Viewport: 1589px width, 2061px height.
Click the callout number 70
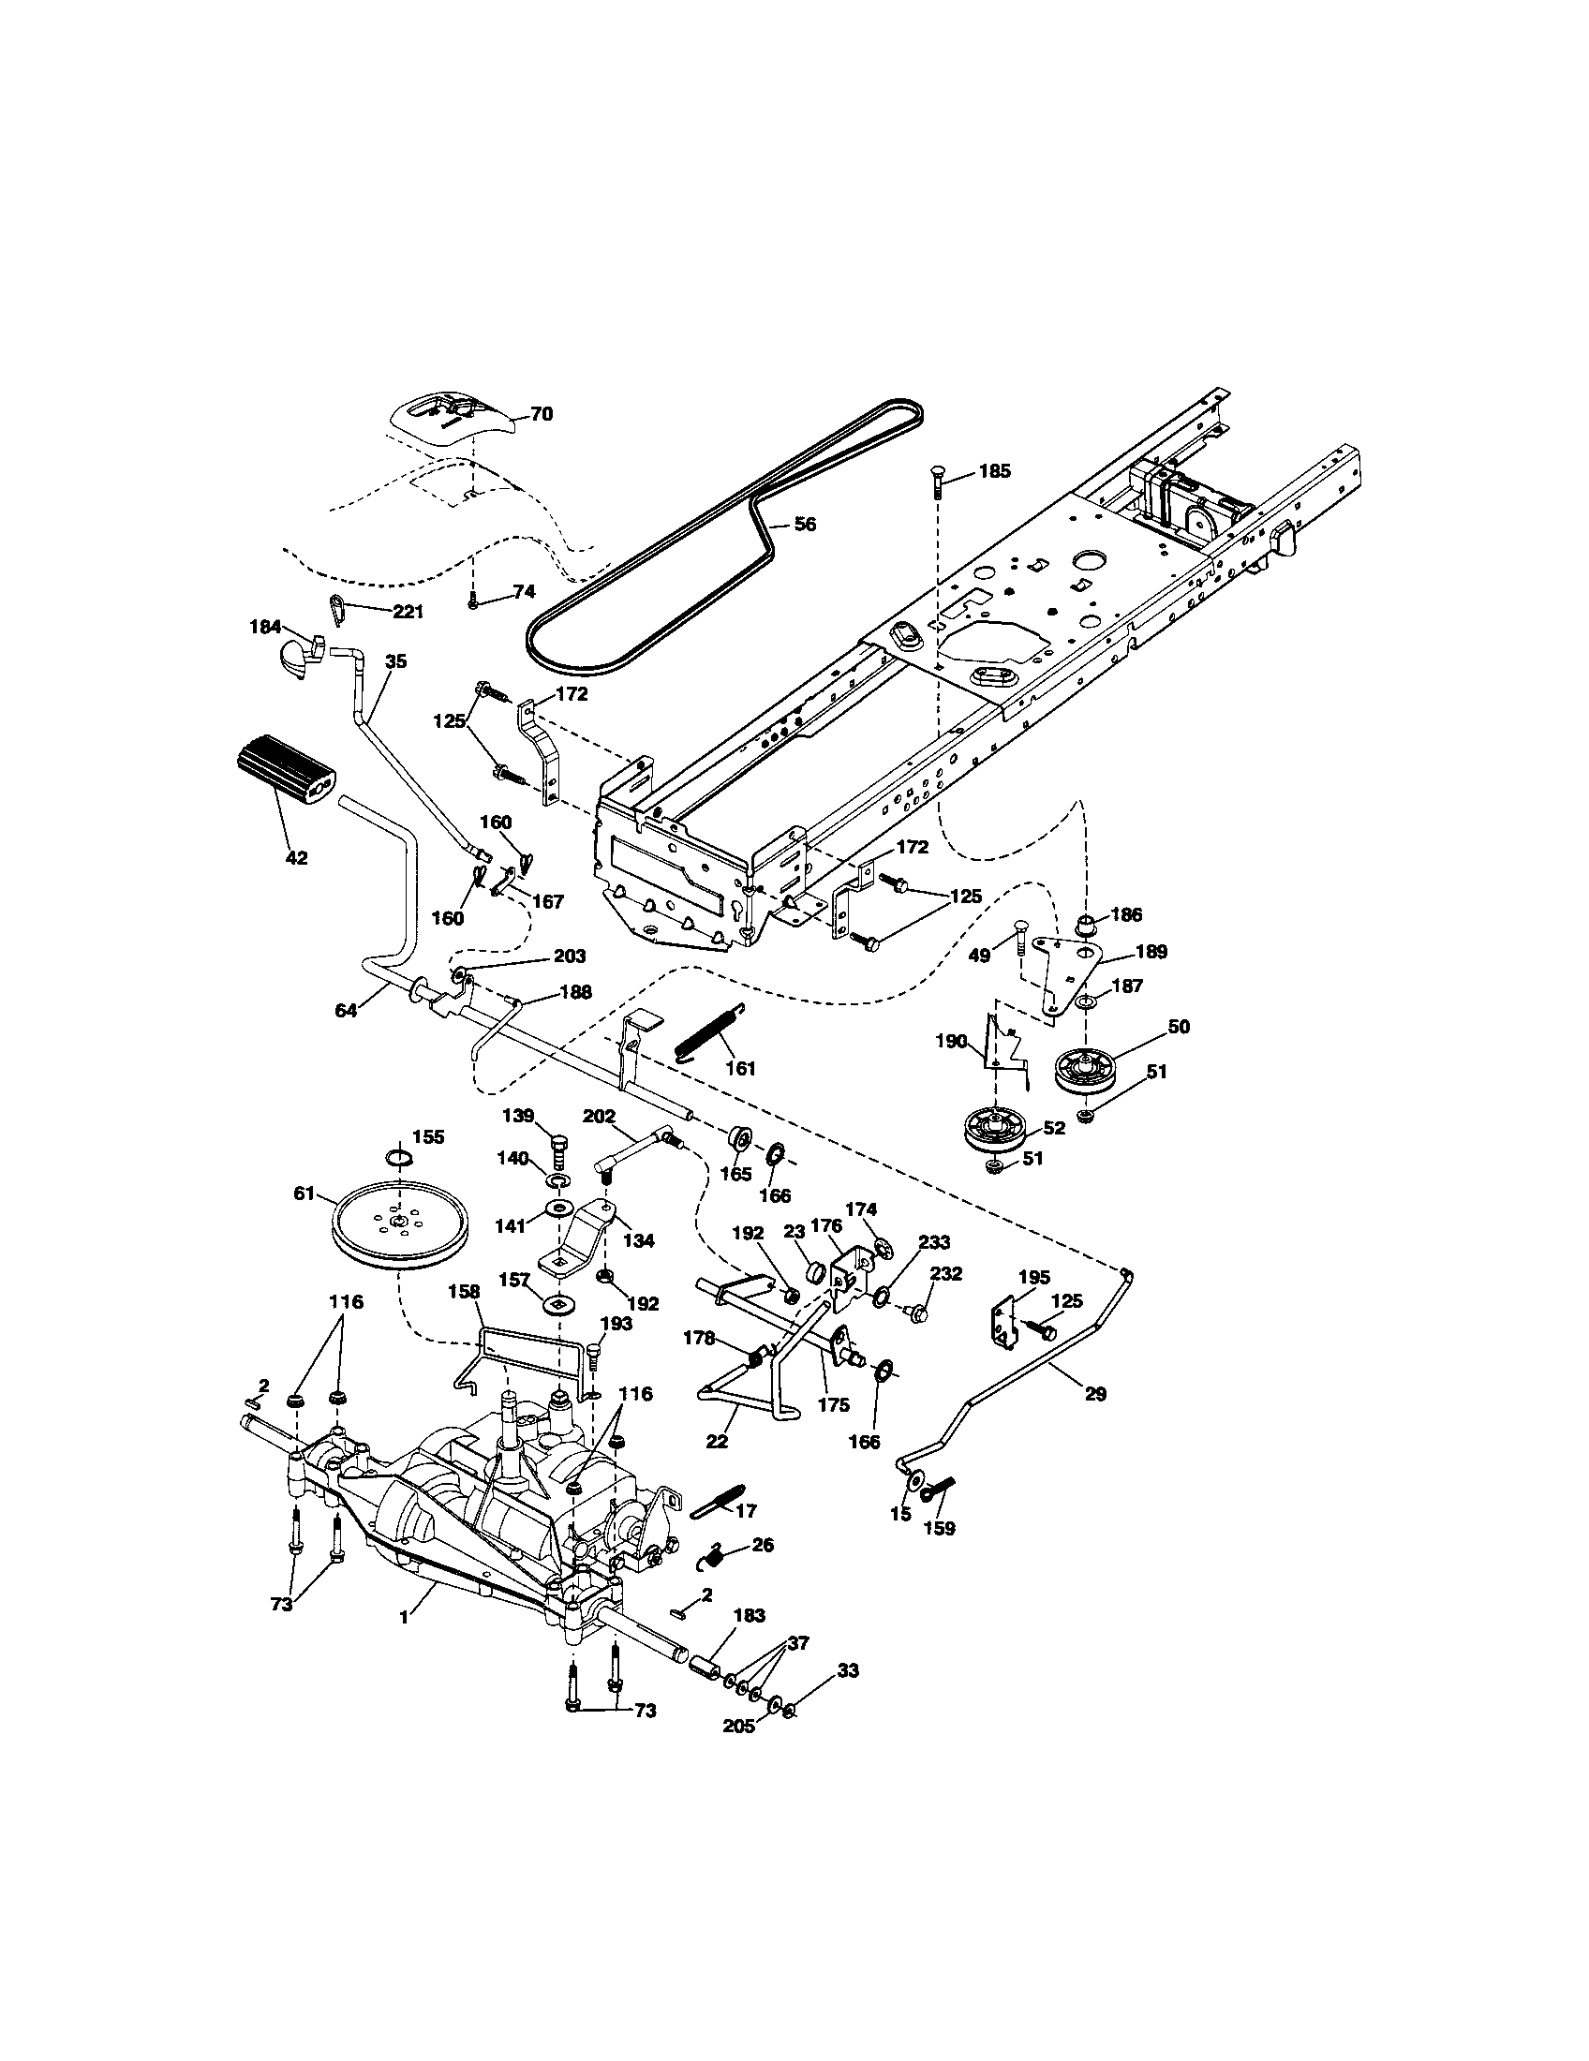542,414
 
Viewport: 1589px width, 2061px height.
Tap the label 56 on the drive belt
805,525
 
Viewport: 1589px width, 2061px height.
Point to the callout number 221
408,612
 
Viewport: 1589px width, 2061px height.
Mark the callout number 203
569,956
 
